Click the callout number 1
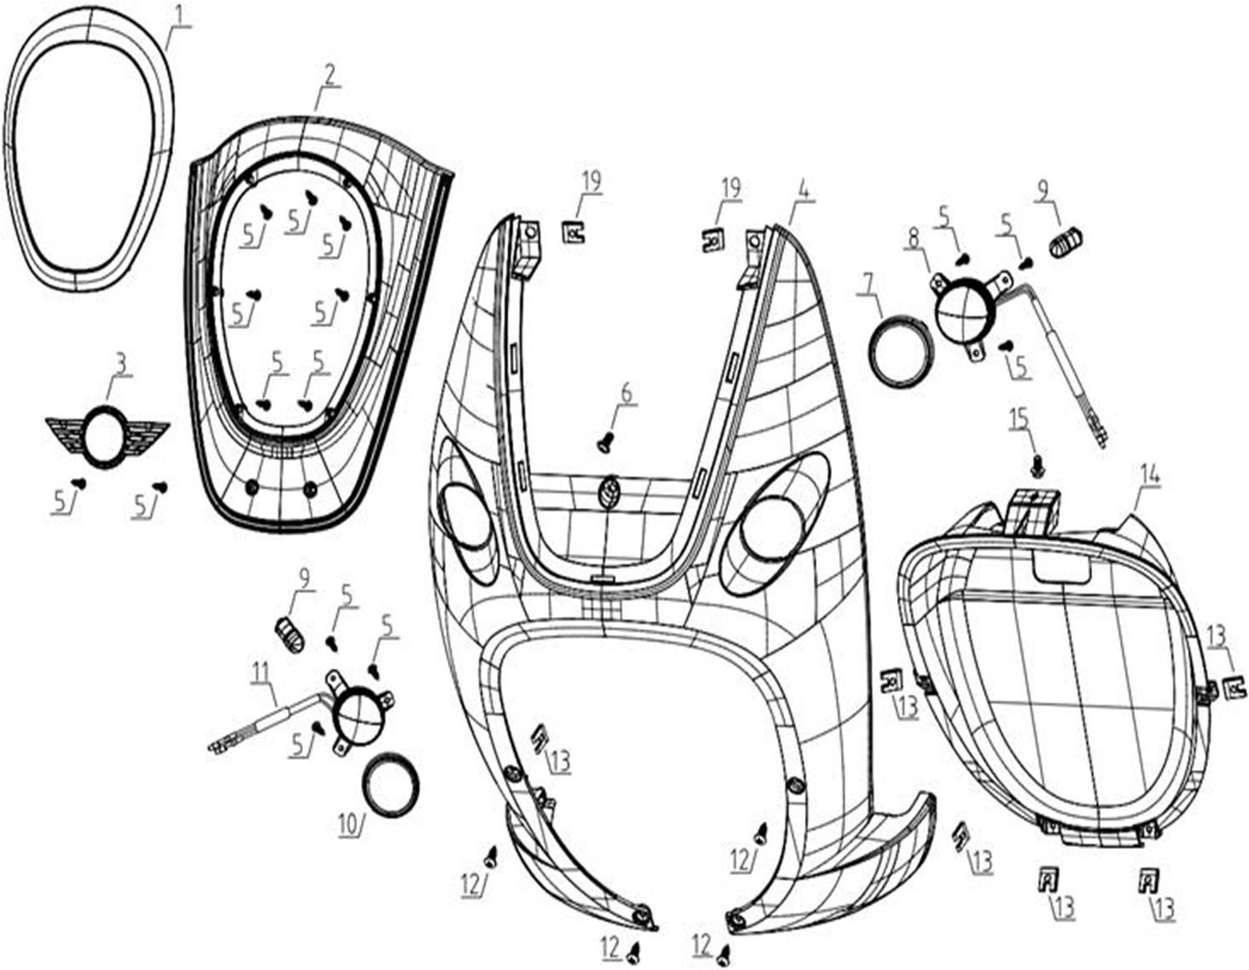pyautogui.click(x=182, y=18)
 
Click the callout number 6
pyautogui.click(x=626, y=394)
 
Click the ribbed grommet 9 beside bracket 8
pyautogui.click(x=1066, y=242)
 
